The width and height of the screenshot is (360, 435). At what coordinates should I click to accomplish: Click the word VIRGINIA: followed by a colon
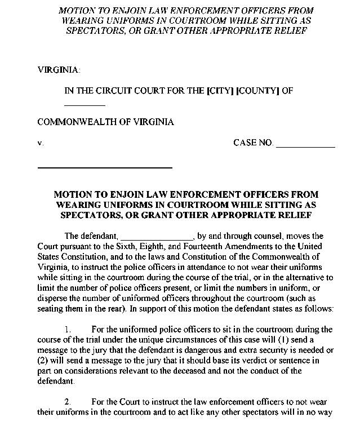click(59, 70)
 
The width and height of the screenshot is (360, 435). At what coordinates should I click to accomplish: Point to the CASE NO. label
click(253, 143)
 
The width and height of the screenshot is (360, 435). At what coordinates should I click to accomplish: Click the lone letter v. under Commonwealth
click(41, 143)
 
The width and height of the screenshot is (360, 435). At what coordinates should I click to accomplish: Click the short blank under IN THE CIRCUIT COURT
click(85, 105)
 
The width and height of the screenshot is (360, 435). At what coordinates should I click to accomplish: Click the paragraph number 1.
click(68, 329)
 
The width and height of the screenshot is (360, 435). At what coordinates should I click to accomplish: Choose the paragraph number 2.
click(68, 402)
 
